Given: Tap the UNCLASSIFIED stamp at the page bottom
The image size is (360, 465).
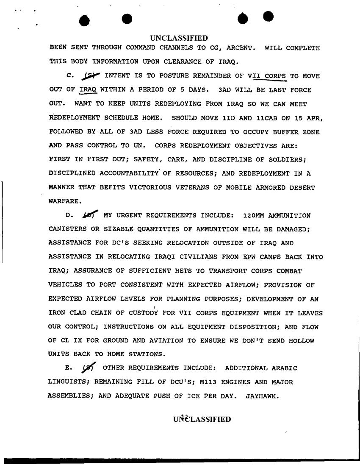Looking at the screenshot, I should [x=202, y=420].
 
